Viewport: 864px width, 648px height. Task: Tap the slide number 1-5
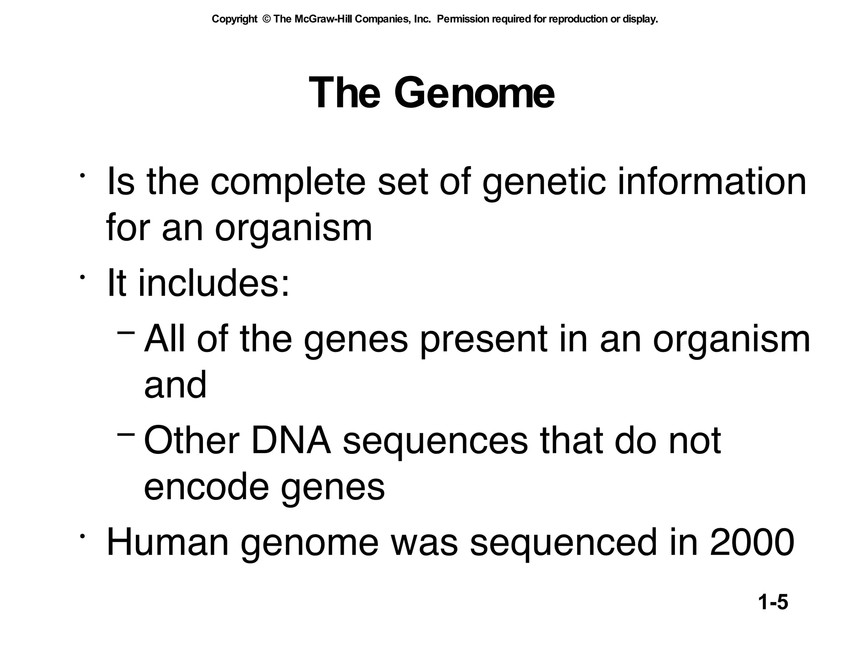click(773, 602)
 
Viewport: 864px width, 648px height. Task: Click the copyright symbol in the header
click(266, 19)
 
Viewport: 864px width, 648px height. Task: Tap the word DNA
click(291, 441)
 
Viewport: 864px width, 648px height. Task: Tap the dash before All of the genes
click(126, 333)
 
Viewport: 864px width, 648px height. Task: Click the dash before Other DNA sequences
click(126, 434)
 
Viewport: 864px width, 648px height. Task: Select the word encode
click(206, 487)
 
